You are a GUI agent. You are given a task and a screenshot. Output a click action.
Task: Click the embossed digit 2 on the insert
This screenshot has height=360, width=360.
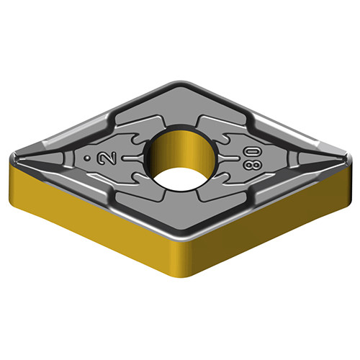tap(107, 158)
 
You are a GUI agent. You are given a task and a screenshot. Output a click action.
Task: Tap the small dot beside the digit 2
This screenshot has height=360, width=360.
tap(88, 158)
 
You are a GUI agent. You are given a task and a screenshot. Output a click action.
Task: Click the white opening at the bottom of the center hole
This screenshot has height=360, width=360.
tap(179, 179)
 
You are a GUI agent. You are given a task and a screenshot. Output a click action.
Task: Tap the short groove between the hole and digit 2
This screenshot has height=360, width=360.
tap(132, 158)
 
